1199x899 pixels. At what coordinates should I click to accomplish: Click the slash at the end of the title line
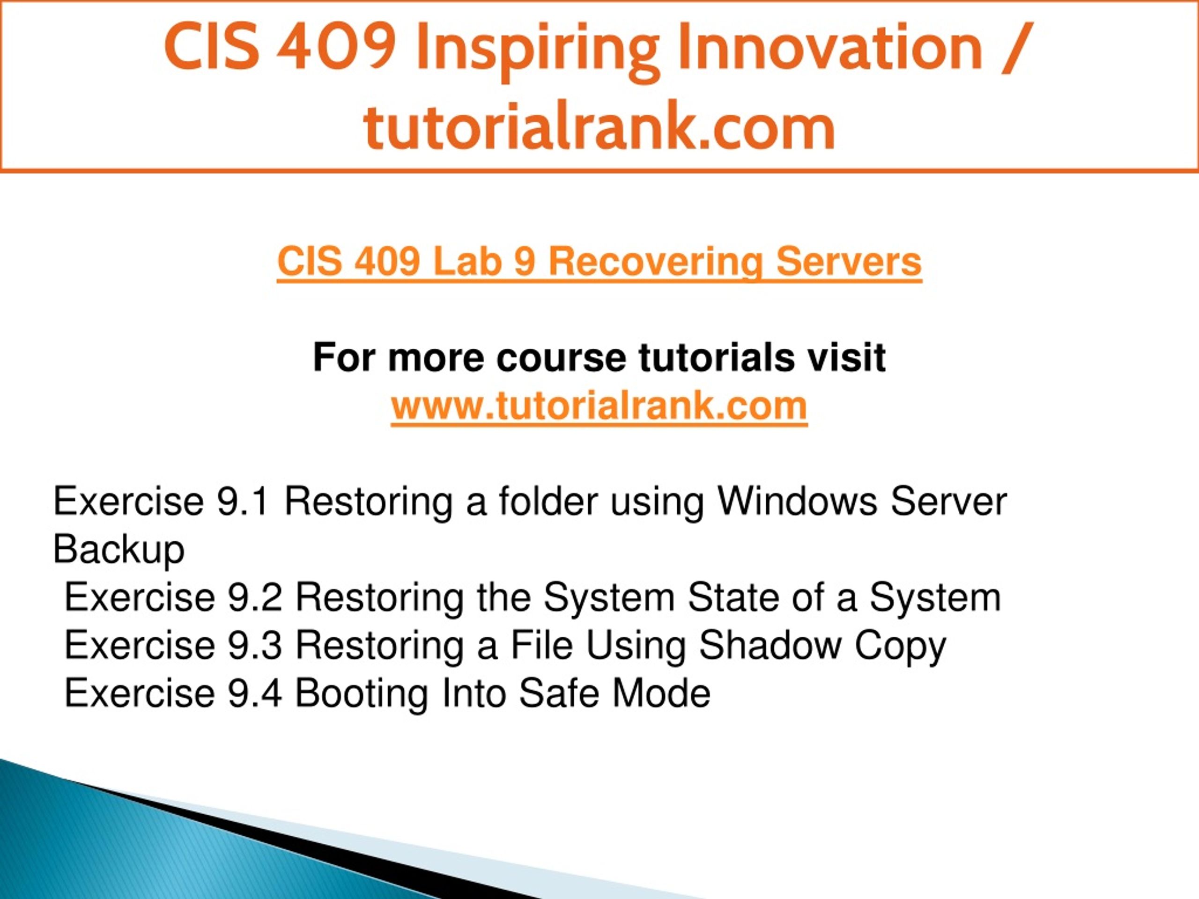click(x=1015, y=47)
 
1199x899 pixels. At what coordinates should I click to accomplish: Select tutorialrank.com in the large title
click(x=599, y=125)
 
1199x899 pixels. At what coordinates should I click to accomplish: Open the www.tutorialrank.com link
click(x=599, y=405)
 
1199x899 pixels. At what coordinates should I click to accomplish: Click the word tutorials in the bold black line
click(x=716, y=358)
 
